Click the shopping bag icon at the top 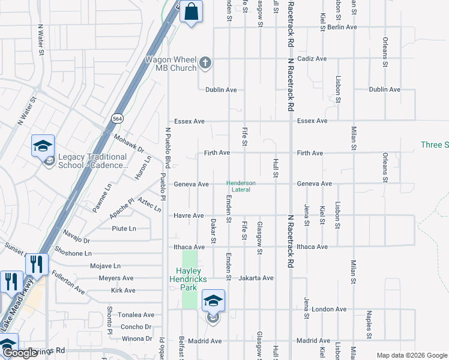pyautogui.click(x=191, y=11)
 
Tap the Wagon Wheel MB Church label pyautogui.click(x=171, y=64)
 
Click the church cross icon pyautogui.click(x=205, y=62)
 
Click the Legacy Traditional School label pyautogui.click(x=92, y=161)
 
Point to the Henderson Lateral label pyautogui.click(x=241, y=187)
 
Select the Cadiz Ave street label pyautogui.click(x=312, y=59)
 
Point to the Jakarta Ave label pyautogui.click(x=256, y=278)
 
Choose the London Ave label pyautogui.click(x=330, y=310)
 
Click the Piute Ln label pyautogui.click(x=124, y=229)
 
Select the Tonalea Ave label pyautogui.click(x=137, y=315)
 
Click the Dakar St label pyautogui.click(x=214, y=231)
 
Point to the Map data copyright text pyautogui.click(x=411, y=355)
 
